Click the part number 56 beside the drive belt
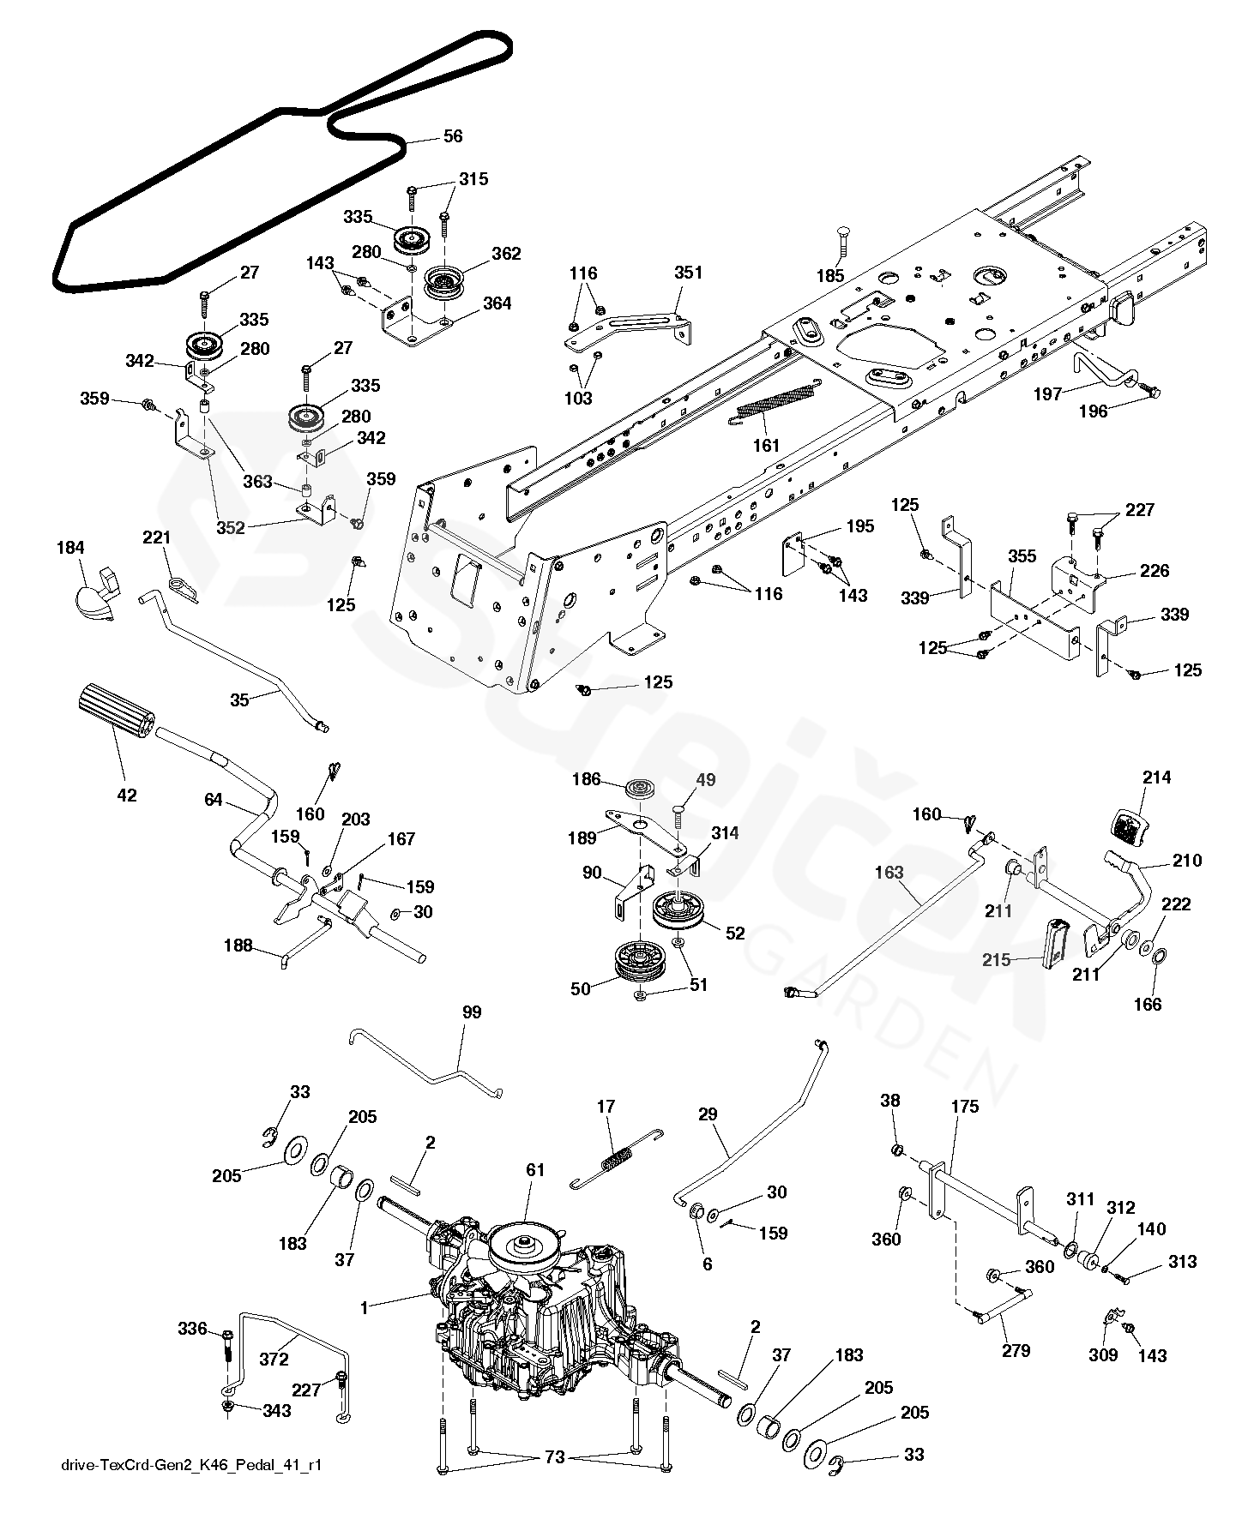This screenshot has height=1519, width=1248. click(x=452, y=136)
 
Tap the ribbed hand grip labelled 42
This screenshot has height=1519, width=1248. click(x=116, y=711)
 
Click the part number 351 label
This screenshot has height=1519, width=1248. click(x=689, y=273)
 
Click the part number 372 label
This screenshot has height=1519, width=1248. click(x=274, y=1360)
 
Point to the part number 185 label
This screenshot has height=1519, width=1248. click(x=830, y=276)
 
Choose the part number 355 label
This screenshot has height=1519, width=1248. click(x=1022, y=556)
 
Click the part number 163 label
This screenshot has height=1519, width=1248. click(x=889, y=872)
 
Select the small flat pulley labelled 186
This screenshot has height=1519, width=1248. click(x=640, y=788)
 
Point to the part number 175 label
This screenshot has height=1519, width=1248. click(x=965, y=1107)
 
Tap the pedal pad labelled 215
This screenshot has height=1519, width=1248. click(x=1056, y=944)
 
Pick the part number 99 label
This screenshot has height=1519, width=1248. click(x=471, y=1012)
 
